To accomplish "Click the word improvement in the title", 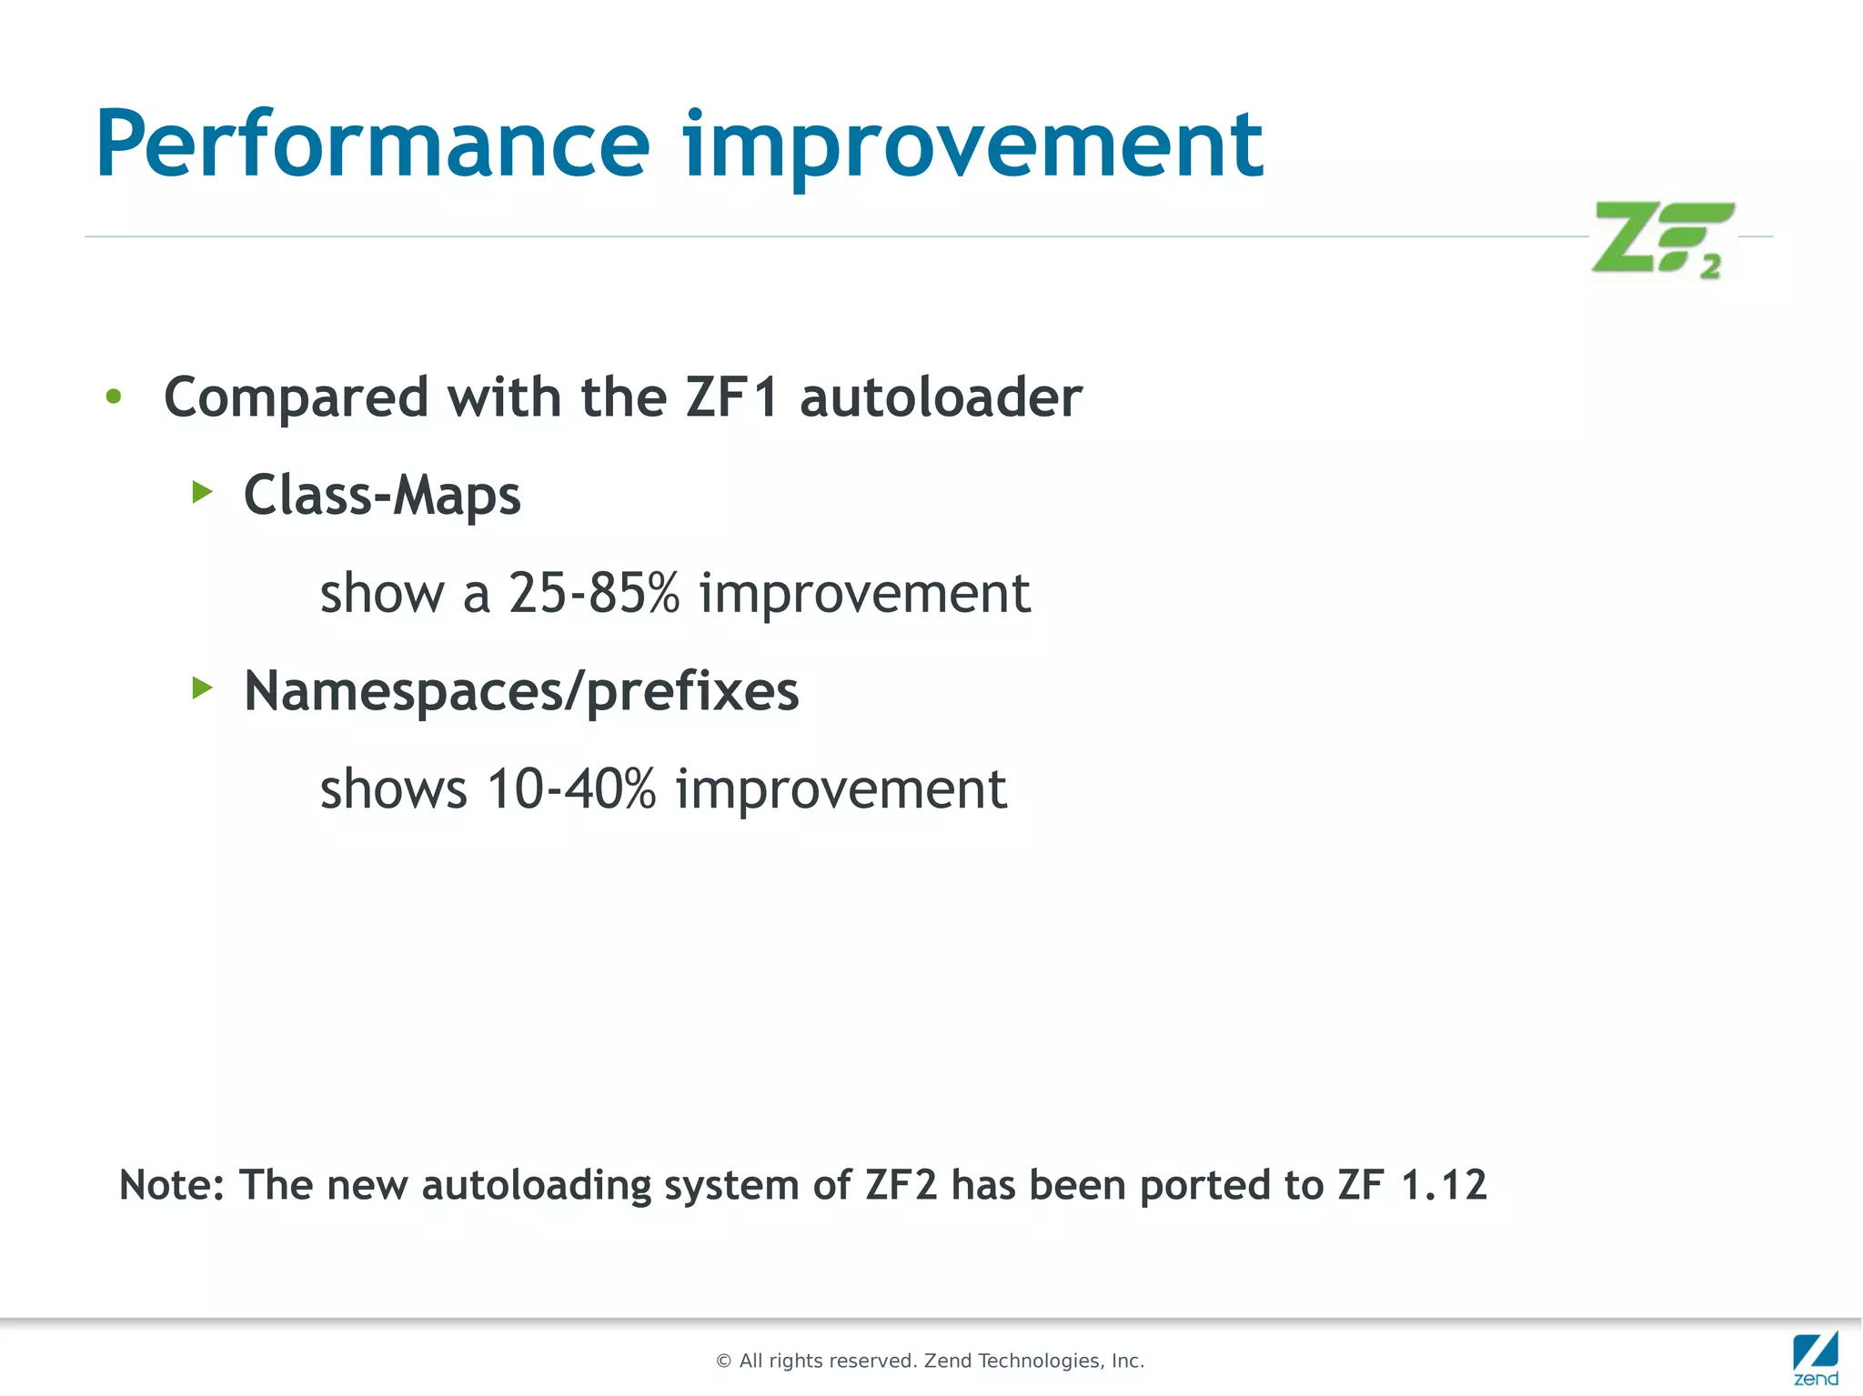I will (972, 146).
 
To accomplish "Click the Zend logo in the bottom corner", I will (1815, 1357).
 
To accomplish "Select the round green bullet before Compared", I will (114, 397).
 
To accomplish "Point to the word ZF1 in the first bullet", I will (732, 397).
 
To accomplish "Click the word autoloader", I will (941, 397).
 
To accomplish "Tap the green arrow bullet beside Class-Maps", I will (202, 493).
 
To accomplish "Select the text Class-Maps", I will (382, 496).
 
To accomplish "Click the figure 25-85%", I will (594, 593).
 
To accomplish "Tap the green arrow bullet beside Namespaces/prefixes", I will (202, 688).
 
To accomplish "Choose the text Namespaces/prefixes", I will (521, 692).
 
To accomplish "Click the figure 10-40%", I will (571, 788).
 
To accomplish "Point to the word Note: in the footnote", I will (171, 1185).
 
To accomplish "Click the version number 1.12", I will (1444, 1185).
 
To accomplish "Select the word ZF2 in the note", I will (901, 1185).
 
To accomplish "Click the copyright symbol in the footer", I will (724, 1361).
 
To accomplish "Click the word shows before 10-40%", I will (393, 788).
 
